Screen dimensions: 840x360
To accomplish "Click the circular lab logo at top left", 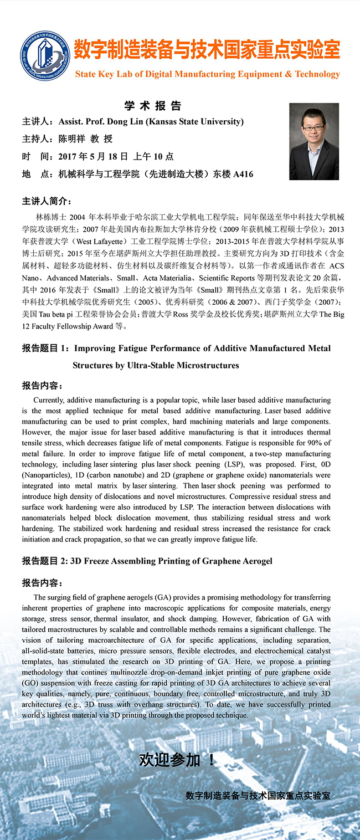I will (x=45, y=56).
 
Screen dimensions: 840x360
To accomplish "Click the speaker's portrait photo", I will (x=314, y=142).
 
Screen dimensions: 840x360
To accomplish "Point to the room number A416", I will (x=243, y=174).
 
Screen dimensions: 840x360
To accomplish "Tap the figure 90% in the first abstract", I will (x=321, y=442).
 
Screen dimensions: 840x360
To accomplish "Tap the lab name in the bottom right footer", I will (x=258, y=795).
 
